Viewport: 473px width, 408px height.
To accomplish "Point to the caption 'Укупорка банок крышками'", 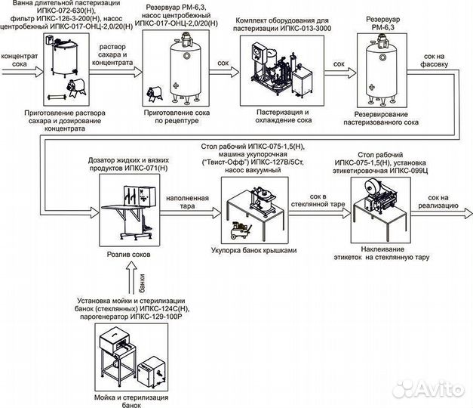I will click(257, 249).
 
